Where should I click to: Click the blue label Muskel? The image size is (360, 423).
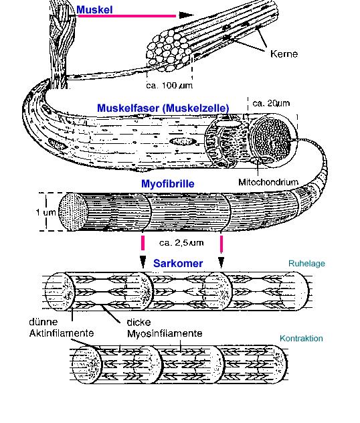tap(94, 10)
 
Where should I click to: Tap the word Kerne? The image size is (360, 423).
tap(284, 54)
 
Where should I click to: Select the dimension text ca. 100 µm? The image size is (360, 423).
tap(169, 86)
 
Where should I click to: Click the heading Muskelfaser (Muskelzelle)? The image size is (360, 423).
tap(163, 108)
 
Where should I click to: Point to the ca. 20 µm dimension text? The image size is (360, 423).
tap(271, 103)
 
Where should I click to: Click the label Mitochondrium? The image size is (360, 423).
tap(268, 182)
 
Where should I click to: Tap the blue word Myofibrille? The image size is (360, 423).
tap(168, 183)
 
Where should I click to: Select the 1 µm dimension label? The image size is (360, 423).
tap(46, 212)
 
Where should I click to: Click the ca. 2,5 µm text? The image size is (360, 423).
tap(181, 243)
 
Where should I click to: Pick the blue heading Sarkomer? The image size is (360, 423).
tap(178, 263)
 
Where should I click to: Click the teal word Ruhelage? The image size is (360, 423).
tap(306, 264)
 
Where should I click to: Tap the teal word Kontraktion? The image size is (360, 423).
tap(301, 338)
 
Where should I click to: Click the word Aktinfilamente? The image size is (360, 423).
tap(62, 333)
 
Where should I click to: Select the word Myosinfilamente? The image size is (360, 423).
tap(165, 334)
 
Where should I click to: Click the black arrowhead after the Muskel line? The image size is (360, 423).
tap(186, 15)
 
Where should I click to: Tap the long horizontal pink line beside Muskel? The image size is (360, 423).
tap(126, 16)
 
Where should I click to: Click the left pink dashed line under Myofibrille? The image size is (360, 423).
tap(143, 243)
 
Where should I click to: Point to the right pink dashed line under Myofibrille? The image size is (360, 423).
tap(221, 244)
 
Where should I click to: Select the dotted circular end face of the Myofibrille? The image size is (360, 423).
tap(74, 212)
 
